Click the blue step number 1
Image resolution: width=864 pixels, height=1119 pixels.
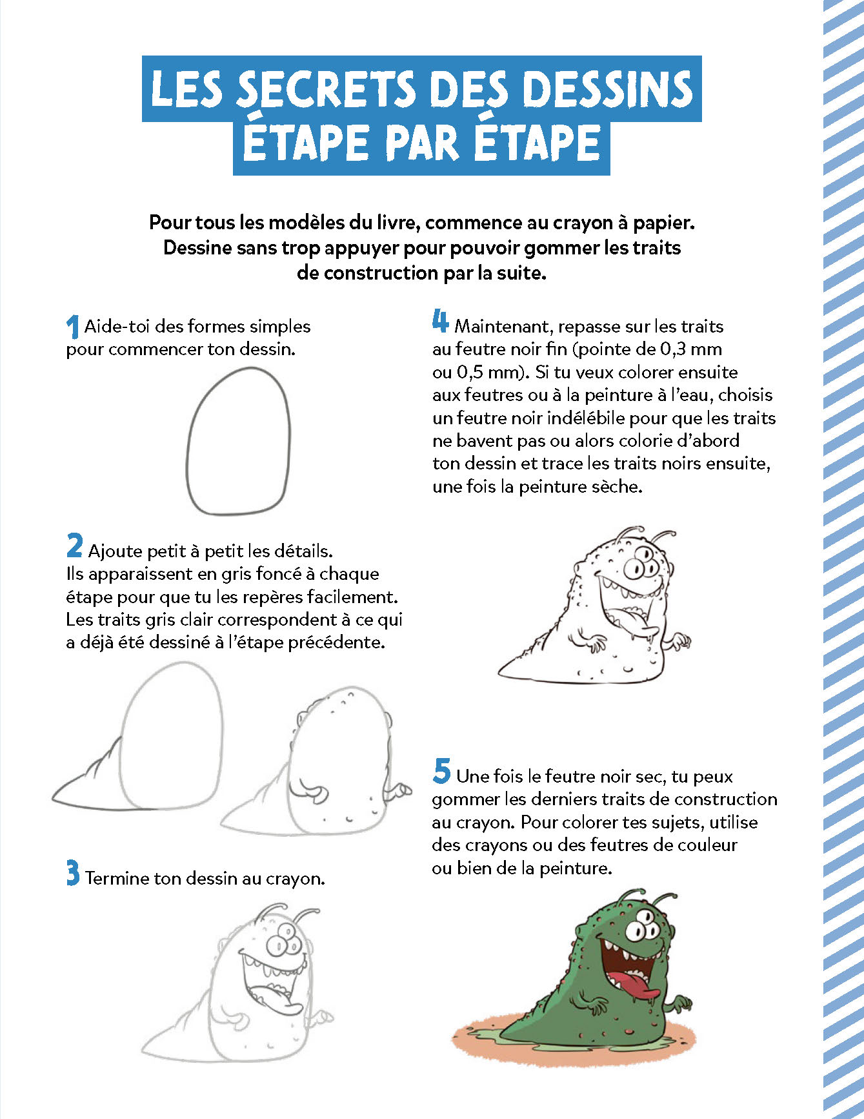click(x=72, y=327)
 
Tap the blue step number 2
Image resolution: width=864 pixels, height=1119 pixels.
click(x=74, y=546)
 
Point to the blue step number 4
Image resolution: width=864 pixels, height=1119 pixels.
click(x=440, y=321)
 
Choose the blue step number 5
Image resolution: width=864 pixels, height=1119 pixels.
click(x=441, y=771)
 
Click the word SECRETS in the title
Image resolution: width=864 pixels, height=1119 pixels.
click(x=325, y=90)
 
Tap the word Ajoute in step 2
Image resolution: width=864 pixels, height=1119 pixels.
click(x=115, y=551)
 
